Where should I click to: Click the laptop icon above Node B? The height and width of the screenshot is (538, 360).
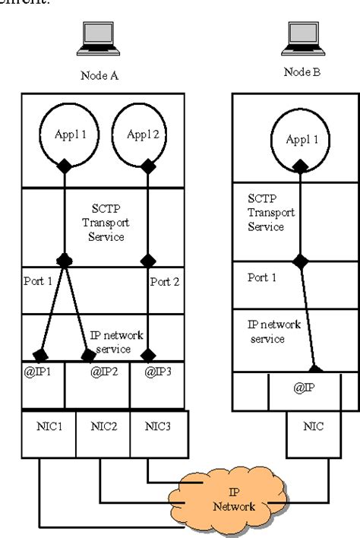(302, 35)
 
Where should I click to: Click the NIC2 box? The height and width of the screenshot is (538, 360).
(103, 426)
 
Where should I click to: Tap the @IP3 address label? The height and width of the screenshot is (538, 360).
(156, 374)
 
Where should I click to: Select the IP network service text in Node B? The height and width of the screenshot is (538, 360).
(274, 331)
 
